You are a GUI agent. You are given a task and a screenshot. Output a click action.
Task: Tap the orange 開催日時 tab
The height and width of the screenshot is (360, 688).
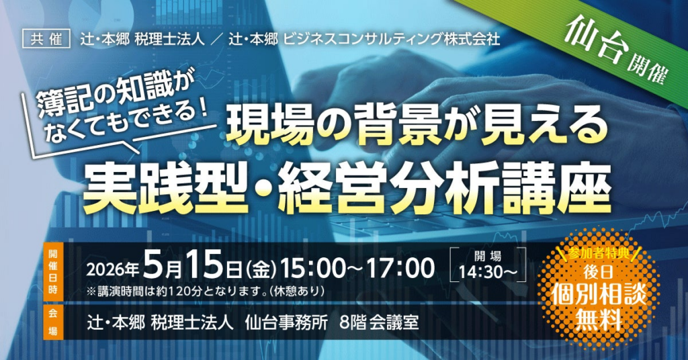coord(54,272)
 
